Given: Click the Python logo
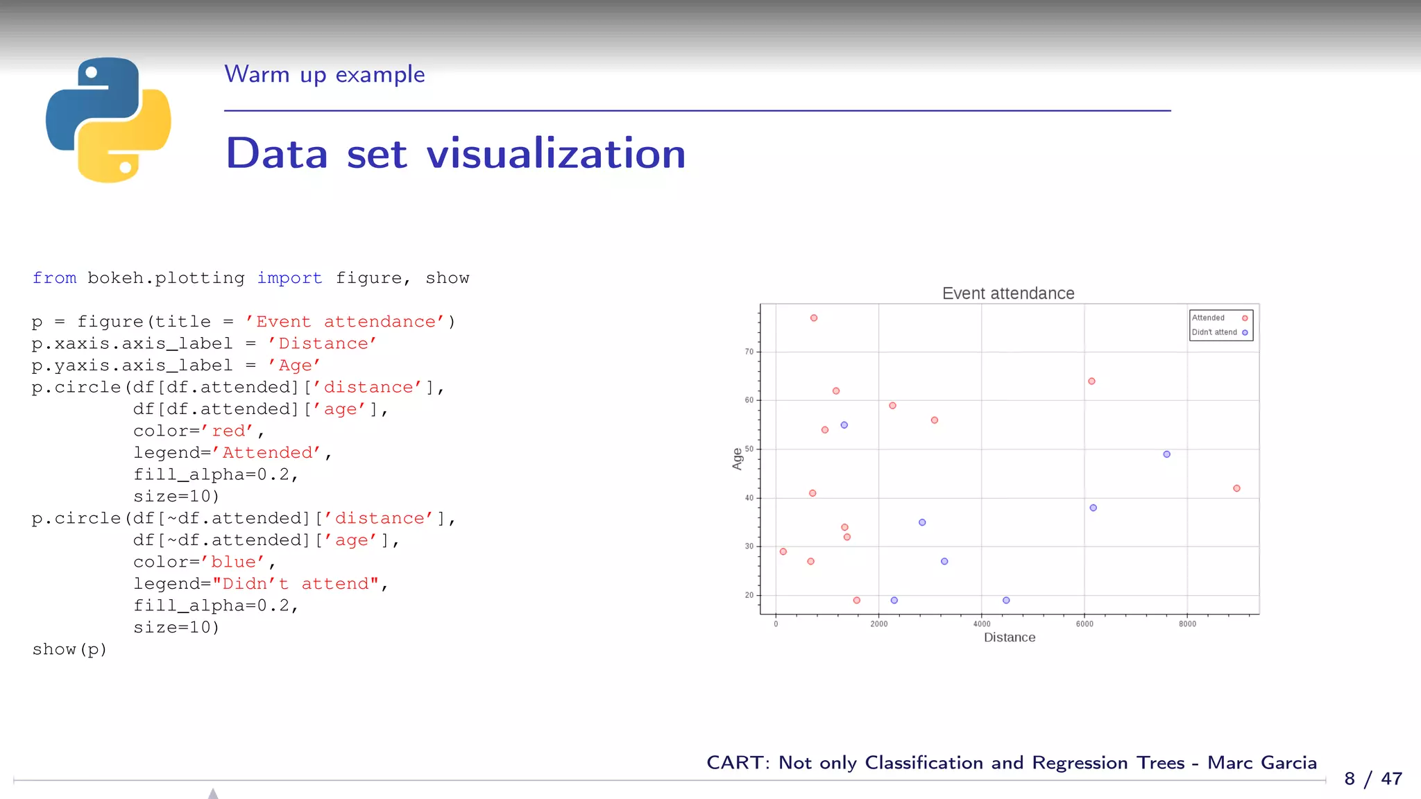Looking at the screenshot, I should [108, 120].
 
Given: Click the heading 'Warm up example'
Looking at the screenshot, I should [324, 74].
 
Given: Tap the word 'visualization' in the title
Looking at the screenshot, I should [556, 153].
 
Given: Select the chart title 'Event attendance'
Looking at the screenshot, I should [1007, 293].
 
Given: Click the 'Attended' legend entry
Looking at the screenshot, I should [1209, 318].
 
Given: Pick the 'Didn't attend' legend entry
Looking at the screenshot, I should [1214, 332].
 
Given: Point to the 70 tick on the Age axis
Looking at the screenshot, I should [749, 352].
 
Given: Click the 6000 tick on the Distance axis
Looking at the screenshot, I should [1084, 624].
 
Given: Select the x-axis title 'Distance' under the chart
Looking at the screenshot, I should [1009, 637].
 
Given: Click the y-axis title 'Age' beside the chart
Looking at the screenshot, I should [737, 458].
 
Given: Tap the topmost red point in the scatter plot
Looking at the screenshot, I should [814, 318].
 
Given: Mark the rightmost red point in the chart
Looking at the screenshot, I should [1236, 488].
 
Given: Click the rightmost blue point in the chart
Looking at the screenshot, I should [1166, 454].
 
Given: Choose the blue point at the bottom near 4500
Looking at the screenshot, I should [1006, 600].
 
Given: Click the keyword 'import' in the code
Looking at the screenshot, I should [289, 278].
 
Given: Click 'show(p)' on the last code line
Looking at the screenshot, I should [69, 649].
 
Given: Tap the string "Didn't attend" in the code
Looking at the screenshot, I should [296, 584].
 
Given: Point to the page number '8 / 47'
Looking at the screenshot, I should [1372, 778].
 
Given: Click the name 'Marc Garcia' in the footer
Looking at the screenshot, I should [1261, 762].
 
